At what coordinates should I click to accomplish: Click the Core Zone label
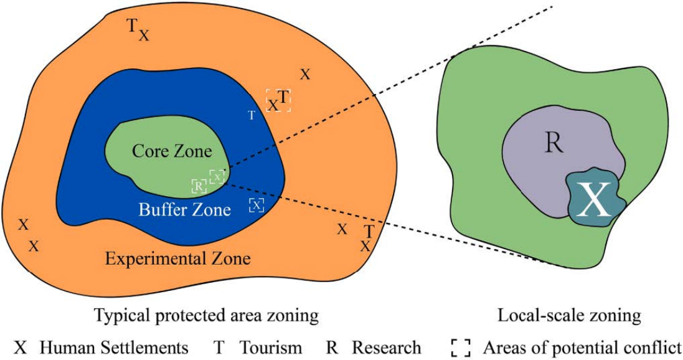pyautogui.click(x=172, y=151)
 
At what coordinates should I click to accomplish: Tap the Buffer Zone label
pyautogui.click(x=184, y=209)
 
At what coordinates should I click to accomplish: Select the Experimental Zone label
pyautogui.click(x=177, y=258)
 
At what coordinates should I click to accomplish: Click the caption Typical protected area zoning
pyautogui.click(x=206, y=316)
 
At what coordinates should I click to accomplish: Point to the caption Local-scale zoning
pyautogui.click(x=569, y=316)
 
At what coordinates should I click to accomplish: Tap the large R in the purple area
pyautogui.click(x=553, y=143)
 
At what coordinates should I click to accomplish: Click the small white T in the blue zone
pyautogui.click(x=252, y=115)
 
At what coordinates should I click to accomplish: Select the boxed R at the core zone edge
pyautogui.click(x=199, y=186)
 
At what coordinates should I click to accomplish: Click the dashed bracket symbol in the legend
pyautogui.click(x=461, y=348)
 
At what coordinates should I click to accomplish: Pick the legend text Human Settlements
pyautogui.click(x=114, y=348)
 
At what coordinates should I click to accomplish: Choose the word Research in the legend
pyautogui.click(x=386, y=348)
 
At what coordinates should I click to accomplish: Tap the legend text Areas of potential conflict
pyautogui.click(x=582, y=348)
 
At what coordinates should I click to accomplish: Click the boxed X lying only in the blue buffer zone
pyautogui.click(x=257, y=205)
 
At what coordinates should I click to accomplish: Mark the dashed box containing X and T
pyautogui.click(x=279, y=100)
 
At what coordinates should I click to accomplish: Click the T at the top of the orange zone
pyautogui.click(x=131, y=26)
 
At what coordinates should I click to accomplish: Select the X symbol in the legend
pyautogui.click(x=21, y=348)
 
